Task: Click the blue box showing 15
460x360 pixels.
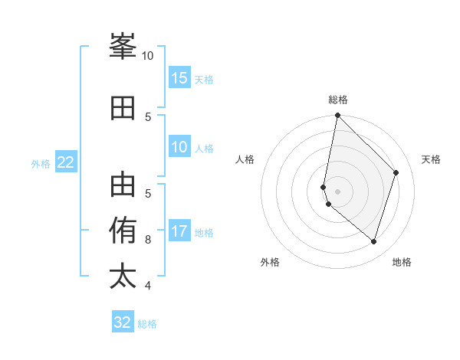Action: (x=179, y=77)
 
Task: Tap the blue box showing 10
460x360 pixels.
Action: (x=179, y=148)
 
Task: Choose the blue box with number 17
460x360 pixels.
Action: (x=179, y=231)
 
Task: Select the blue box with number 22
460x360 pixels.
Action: (x=66, y=162)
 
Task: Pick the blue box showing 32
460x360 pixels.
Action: (x=123, y=322)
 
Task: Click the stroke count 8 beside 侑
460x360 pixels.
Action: (x=148, y=240)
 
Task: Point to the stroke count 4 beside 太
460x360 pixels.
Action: (x=148, y=286)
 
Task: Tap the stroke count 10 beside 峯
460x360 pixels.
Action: (x=148, y=56)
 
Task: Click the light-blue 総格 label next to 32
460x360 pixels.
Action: (x=147, y=324)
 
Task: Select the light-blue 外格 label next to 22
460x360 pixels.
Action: (x=41, y=163)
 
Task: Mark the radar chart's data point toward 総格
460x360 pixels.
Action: (x=337, y=116)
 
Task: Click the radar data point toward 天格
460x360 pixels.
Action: (x=396, y=172)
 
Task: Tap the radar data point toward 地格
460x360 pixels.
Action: (x=373, y=241)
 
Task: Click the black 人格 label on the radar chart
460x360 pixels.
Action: (x=245, y=159)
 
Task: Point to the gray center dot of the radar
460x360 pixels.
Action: (x=337, y=190)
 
